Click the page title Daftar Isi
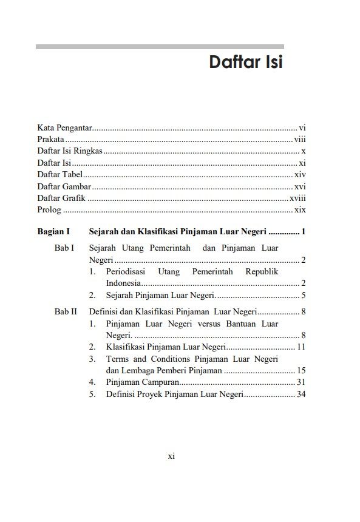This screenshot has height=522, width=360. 246,63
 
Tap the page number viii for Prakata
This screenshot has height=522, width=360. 299,139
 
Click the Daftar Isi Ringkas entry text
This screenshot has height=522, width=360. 70,151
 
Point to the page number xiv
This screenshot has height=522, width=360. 299,174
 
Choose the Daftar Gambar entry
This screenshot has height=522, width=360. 64,186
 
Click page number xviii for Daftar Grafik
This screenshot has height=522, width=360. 297,198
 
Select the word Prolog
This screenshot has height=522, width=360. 49,210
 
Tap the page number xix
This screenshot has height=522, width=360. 300,210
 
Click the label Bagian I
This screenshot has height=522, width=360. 54,232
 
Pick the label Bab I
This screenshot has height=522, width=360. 64,248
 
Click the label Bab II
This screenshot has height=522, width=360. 66,312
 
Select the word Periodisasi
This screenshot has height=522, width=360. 127,272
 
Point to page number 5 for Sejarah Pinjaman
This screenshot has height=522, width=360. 303,296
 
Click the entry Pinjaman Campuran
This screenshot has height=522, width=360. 142,382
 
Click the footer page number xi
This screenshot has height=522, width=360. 171,456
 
